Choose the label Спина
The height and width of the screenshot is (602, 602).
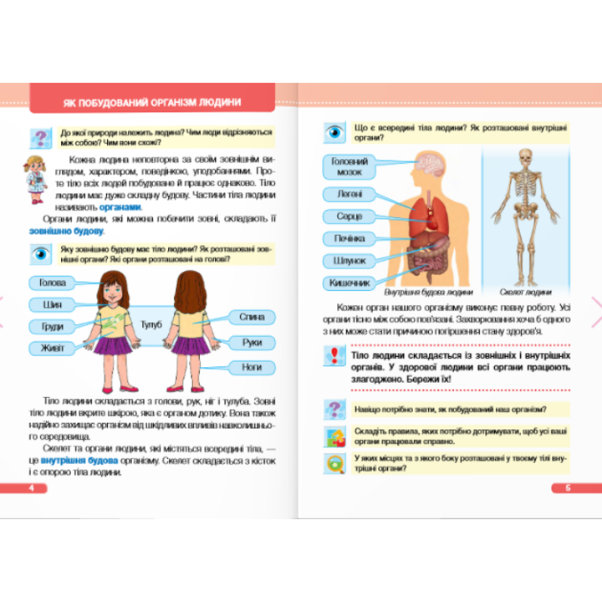(252, 318)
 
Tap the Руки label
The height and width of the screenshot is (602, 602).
(252, 343)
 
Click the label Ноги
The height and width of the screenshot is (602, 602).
(252, 367)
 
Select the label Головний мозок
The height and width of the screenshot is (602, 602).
(348, 166)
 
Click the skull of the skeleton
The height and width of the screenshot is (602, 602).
(526, 158)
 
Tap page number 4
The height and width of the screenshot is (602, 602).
(31, 487)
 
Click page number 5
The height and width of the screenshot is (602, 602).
(568, 487)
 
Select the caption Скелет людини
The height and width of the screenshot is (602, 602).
(526, 293)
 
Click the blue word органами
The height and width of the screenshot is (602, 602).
(120, 207)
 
